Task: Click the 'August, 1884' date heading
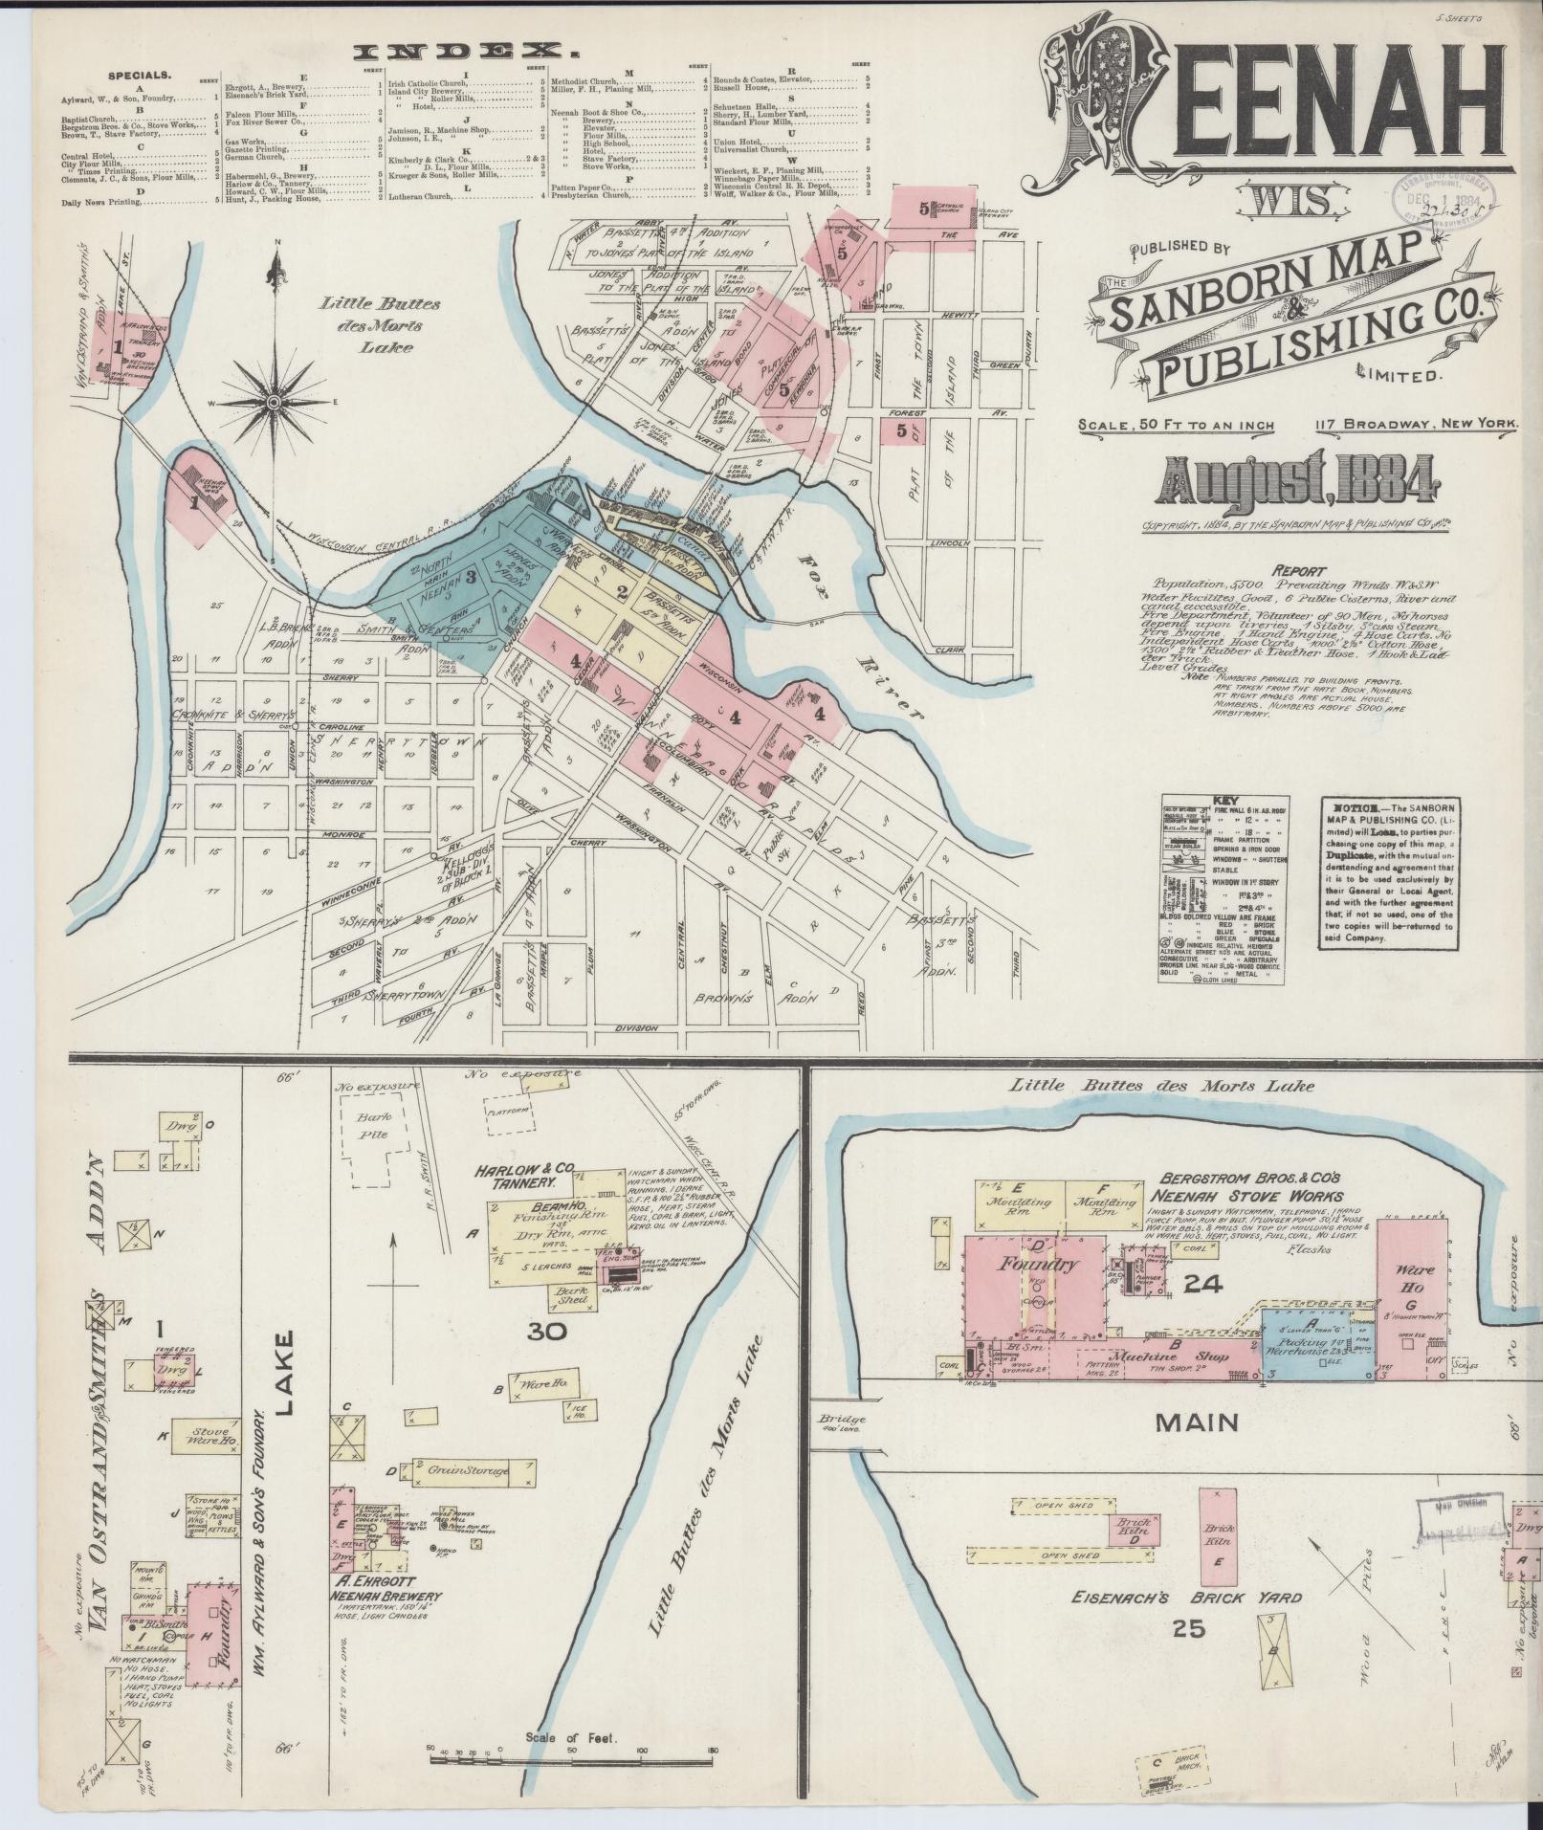pyautogui.click(x=1300, y=480)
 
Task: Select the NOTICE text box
pyautogui.click(x=1388, y=872)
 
